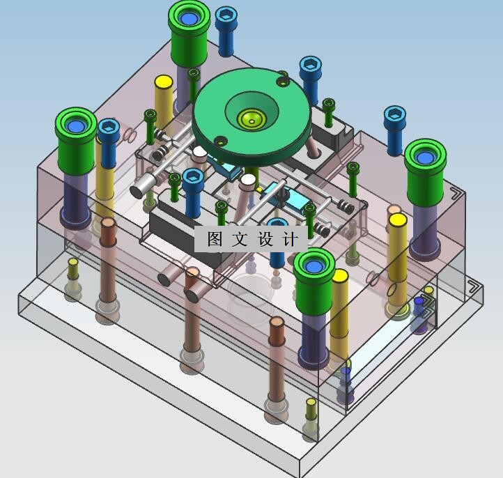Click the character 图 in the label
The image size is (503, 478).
point(215,239)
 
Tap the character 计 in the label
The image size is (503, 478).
point(291,239)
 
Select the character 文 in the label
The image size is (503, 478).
point(240,239)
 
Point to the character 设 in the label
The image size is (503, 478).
point(265,239)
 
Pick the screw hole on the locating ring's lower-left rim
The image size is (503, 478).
point(220,141)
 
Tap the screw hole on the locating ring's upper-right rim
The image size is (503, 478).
point(283,82)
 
